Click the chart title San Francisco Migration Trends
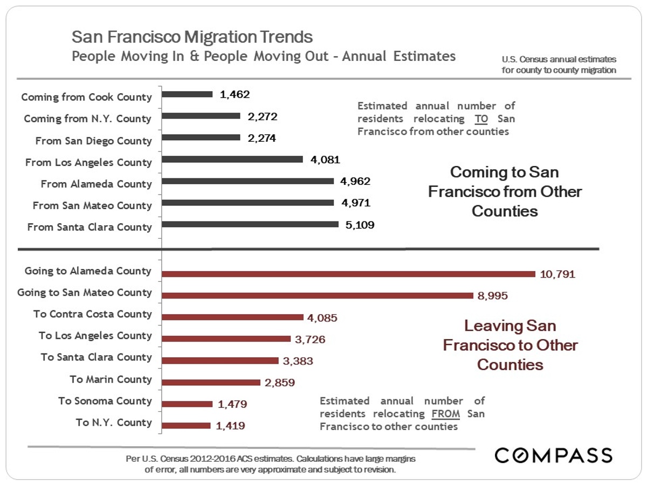[x=192, y=37]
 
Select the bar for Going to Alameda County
[x=348, y=274]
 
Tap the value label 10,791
[x=557, y=274]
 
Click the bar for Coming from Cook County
[x=187, y=94]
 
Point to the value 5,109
[x=360, y=225]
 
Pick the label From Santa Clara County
[x=90, y=227]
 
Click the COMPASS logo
[x=554, y=455]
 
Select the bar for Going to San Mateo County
[x=318, y=295]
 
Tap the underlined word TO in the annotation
[x=481, y=119]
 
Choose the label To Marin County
[x=111, y=379]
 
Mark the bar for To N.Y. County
[x=186, y=426]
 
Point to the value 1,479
[x=231, y=404]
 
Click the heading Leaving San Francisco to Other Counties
[x=510, y=345]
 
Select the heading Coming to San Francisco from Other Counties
[x=505, y=191]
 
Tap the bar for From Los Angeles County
[x=232, y=160]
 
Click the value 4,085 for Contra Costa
[x=322, y=318]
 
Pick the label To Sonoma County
[x=105, y=401]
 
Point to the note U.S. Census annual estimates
[x=559, y=65]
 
